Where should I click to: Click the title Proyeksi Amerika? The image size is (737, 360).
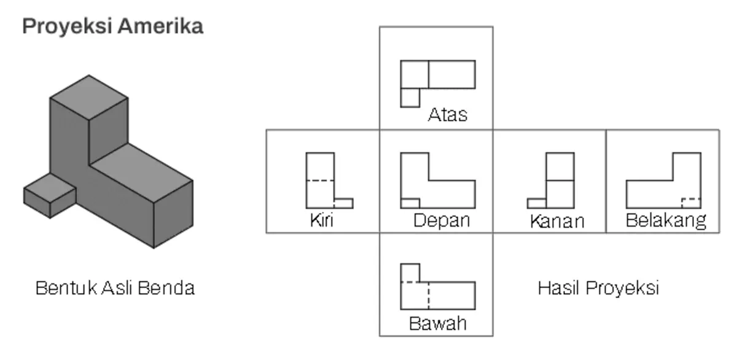[113, 27]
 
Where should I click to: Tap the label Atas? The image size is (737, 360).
[448, 115]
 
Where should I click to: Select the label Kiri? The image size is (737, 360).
[321, 220]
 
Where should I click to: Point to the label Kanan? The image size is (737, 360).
[557, 221]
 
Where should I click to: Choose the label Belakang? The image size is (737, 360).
[666, 221]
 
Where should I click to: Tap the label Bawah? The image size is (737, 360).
[437, 324]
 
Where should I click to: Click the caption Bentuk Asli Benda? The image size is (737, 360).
[115, 288]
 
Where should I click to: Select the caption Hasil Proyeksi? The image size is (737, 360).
[598, 288]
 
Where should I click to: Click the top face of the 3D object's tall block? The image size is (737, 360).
[89, 98]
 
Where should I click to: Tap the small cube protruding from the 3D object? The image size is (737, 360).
[50, 195]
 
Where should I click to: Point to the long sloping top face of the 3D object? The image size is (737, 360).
[141, 173]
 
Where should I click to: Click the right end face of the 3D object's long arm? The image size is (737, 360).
[173, 214]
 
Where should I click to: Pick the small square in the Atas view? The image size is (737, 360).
[410, 98]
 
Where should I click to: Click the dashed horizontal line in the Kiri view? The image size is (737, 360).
[320, 181]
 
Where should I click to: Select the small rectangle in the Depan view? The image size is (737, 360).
[410, 203]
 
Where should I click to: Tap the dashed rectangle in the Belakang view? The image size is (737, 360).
[692, 203]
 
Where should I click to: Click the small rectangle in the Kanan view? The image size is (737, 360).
[537, 203]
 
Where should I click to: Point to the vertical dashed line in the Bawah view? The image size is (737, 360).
[429, 295]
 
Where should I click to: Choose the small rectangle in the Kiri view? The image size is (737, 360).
[344, 203]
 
